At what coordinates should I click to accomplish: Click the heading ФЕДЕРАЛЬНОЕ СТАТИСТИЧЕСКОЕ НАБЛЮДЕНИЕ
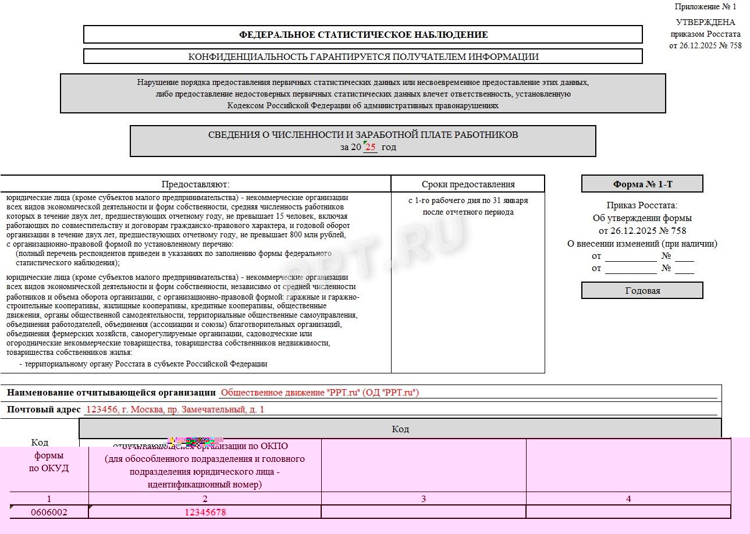pos(363,35)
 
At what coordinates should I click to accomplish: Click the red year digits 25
pos(371,147)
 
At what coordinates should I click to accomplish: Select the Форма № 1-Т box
pos(642,184)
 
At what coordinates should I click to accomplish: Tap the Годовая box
pos(642,291)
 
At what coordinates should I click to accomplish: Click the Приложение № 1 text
pos(705,7)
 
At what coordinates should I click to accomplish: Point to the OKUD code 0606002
pos(49,512)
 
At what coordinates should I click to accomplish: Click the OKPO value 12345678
pos(205,512)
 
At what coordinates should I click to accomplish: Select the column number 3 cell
pos(424,499)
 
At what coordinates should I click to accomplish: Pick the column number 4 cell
pos(628,499)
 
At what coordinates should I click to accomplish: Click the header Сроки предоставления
pos(468,184)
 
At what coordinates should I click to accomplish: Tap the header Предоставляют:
pos(196,184)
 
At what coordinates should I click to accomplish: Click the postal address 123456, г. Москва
pos(175,410)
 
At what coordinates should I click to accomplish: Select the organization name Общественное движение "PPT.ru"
pos(319,393)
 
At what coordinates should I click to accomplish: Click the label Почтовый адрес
pos(44,410)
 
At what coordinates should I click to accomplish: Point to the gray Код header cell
pos(400,429)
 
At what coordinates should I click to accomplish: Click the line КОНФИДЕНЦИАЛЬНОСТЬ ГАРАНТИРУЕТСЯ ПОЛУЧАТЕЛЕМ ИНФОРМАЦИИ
pos(363,57)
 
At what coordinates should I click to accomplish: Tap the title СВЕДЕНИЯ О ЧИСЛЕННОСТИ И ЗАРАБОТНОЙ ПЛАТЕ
pos(363,135)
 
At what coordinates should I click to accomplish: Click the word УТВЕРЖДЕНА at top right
pos(705,22)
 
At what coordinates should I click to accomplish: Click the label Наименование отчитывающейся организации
pos(111,393)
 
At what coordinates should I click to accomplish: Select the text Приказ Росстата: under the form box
pos(642,205)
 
